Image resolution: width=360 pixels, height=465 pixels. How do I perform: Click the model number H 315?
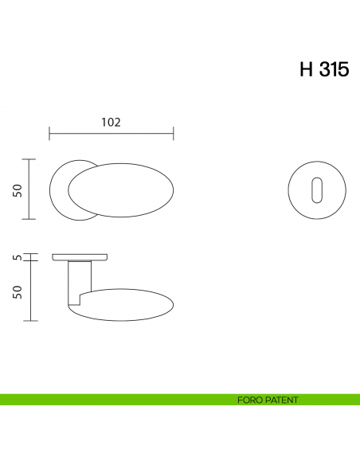[323, 69]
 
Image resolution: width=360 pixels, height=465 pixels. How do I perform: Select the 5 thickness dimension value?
[17, 257]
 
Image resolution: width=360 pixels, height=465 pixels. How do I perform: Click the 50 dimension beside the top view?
[17, 190]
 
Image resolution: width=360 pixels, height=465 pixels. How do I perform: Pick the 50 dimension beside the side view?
[17, 291]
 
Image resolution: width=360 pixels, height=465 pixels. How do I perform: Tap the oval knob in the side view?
[127, 303]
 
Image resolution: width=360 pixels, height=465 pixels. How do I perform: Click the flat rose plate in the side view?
[80, 256]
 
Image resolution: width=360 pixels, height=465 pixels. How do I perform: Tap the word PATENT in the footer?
[281, 401]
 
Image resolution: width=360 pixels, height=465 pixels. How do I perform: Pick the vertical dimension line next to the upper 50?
[30, 190]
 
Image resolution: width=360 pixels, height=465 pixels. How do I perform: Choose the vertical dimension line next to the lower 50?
[30, 291]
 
